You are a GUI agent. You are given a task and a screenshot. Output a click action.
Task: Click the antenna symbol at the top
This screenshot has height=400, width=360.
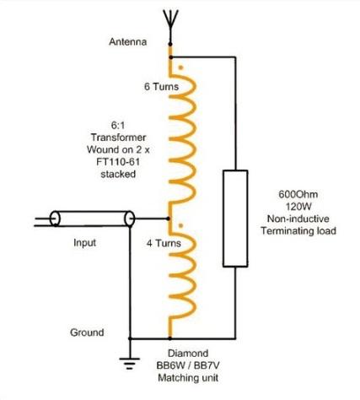(x=170, y=24)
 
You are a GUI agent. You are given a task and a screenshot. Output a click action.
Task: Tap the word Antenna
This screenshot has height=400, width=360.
(x=128, y=42)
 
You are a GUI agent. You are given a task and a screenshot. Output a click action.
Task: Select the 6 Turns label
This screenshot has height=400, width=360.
(x=161, y=86)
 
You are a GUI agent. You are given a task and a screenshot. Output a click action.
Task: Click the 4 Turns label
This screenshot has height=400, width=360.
(x=164, y=243)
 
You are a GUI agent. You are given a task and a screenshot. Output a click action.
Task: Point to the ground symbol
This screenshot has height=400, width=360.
(x=130, y=363)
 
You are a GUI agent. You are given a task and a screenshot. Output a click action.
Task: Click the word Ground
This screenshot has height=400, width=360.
(x=87, y=332)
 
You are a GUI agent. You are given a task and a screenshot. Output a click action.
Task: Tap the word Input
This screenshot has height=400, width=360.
(x=84, y=242)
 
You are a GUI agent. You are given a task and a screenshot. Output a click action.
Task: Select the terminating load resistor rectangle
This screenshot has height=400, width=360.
(x=235, y=219)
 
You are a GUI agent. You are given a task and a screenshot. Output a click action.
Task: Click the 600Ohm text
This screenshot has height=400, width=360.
(x=298, y=194)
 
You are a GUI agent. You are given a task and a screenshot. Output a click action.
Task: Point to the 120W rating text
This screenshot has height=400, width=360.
(x=298, y=207)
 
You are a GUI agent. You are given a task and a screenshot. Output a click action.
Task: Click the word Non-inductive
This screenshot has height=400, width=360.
(x=298, y=219)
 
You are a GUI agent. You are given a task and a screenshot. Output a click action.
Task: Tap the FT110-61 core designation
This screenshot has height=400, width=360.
(x=118, y=162)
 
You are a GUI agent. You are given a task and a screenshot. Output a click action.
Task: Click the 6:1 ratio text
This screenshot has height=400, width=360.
(x=118, y=126)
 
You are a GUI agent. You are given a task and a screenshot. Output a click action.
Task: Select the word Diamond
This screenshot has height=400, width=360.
(x=188, y=353)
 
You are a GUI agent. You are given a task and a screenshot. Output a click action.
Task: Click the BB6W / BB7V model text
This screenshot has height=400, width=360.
(x=188, y=365)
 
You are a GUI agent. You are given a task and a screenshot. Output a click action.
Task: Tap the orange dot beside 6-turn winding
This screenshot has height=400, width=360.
(x=181, y=68)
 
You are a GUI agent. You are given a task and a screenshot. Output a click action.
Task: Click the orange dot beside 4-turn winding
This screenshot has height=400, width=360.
(x=181, y=225)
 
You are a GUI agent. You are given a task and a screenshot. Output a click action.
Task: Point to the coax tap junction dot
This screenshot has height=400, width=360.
(x=169, y=219)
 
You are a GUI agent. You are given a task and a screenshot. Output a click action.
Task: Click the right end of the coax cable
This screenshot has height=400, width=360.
(x=130, y=219)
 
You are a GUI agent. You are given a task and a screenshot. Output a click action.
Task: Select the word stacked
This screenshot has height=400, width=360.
(x=118, y=174)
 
